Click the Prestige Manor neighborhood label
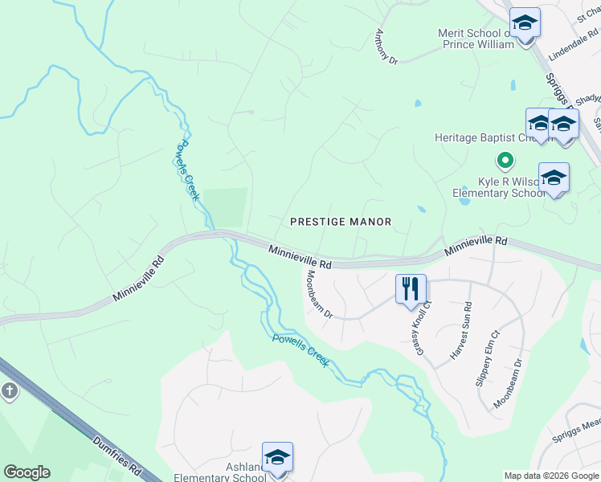pyautogui.click(x=341, y=221)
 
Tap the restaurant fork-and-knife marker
pyautogui.click(x=411, y=288)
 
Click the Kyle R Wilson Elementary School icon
pyautogui.click(x=553, y=178)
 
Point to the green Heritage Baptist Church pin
pyautogui.click(x=505, y=161)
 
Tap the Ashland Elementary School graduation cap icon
pyautogui.click(x=277, y=458)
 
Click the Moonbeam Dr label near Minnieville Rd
pyautogui.click(x=317, y=294)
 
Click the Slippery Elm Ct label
pyautogui.click(x=488, y=358)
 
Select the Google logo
pyautogui.click(x=27, y=472)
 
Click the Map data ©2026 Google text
pyautogui.click(x=550, y=476)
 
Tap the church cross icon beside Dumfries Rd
pyautogui.click(x=9, y=392)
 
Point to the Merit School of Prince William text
pyautogui.click(x=475, y=39)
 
